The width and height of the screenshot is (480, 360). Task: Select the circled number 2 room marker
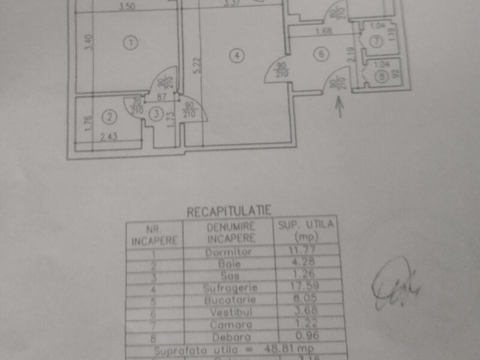[109, 115]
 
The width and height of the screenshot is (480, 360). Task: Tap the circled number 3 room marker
[157, 113]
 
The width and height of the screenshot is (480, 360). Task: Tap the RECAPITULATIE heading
[229, 211]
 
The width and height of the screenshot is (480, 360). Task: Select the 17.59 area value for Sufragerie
[304, 289]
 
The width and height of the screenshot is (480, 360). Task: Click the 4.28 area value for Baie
[304, 265]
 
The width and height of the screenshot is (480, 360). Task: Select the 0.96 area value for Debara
[304, 336]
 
